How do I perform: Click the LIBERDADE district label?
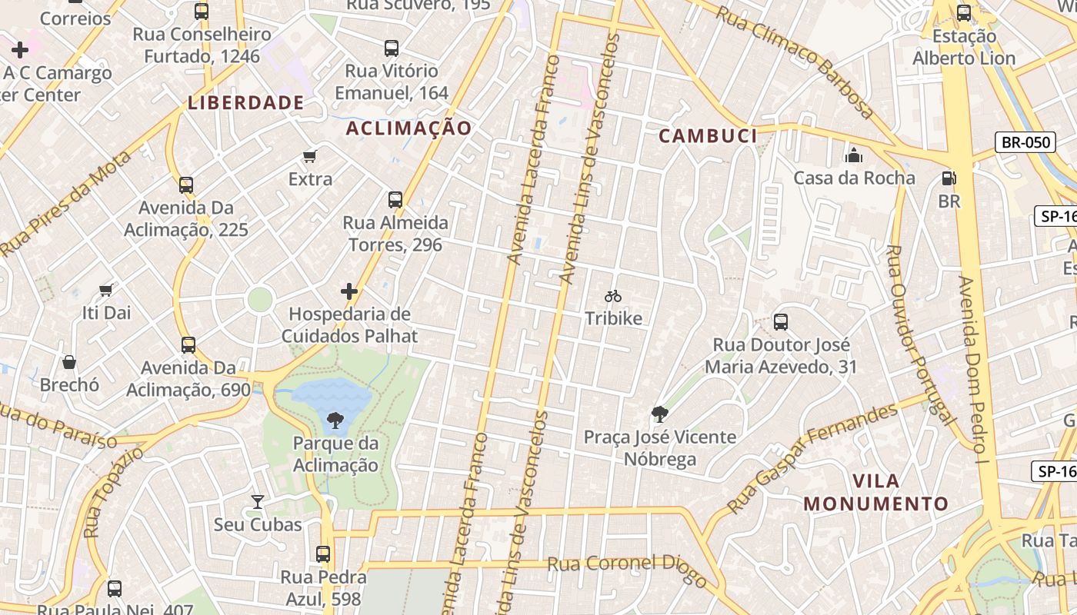(x=246, y=102)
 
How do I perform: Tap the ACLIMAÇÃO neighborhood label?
(x=408, y=128)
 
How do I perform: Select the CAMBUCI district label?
(x=708, y=136)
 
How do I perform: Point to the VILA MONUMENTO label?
(x=876, y=493)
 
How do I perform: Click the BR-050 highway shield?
(x=1025, y=142)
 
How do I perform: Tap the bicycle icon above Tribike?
(x=613, y=296)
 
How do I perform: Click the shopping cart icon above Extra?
(x=310, y=157)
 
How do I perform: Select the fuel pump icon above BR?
(x=949, y=178)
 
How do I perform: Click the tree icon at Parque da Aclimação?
(x=335, y=420)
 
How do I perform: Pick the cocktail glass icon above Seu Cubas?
(x=258, y=502)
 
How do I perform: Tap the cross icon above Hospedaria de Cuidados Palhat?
(x=349, y=291)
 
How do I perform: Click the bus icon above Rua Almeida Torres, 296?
(x=395, y=200)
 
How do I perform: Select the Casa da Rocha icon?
(x=854, y=156)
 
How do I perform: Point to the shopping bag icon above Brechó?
(x=69, y=362)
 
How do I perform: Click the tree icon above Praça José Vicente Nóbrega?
(x=659, y=414)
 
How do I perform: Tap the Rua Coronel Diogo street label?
(x=626, y=570)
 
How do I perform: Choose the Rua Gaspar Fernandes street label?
(x=814, y=457)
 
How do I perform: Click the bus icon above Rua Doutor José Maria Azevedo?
(x=781, y=321)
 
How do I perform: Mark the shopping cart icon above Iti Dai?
(x=106, y=290)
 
